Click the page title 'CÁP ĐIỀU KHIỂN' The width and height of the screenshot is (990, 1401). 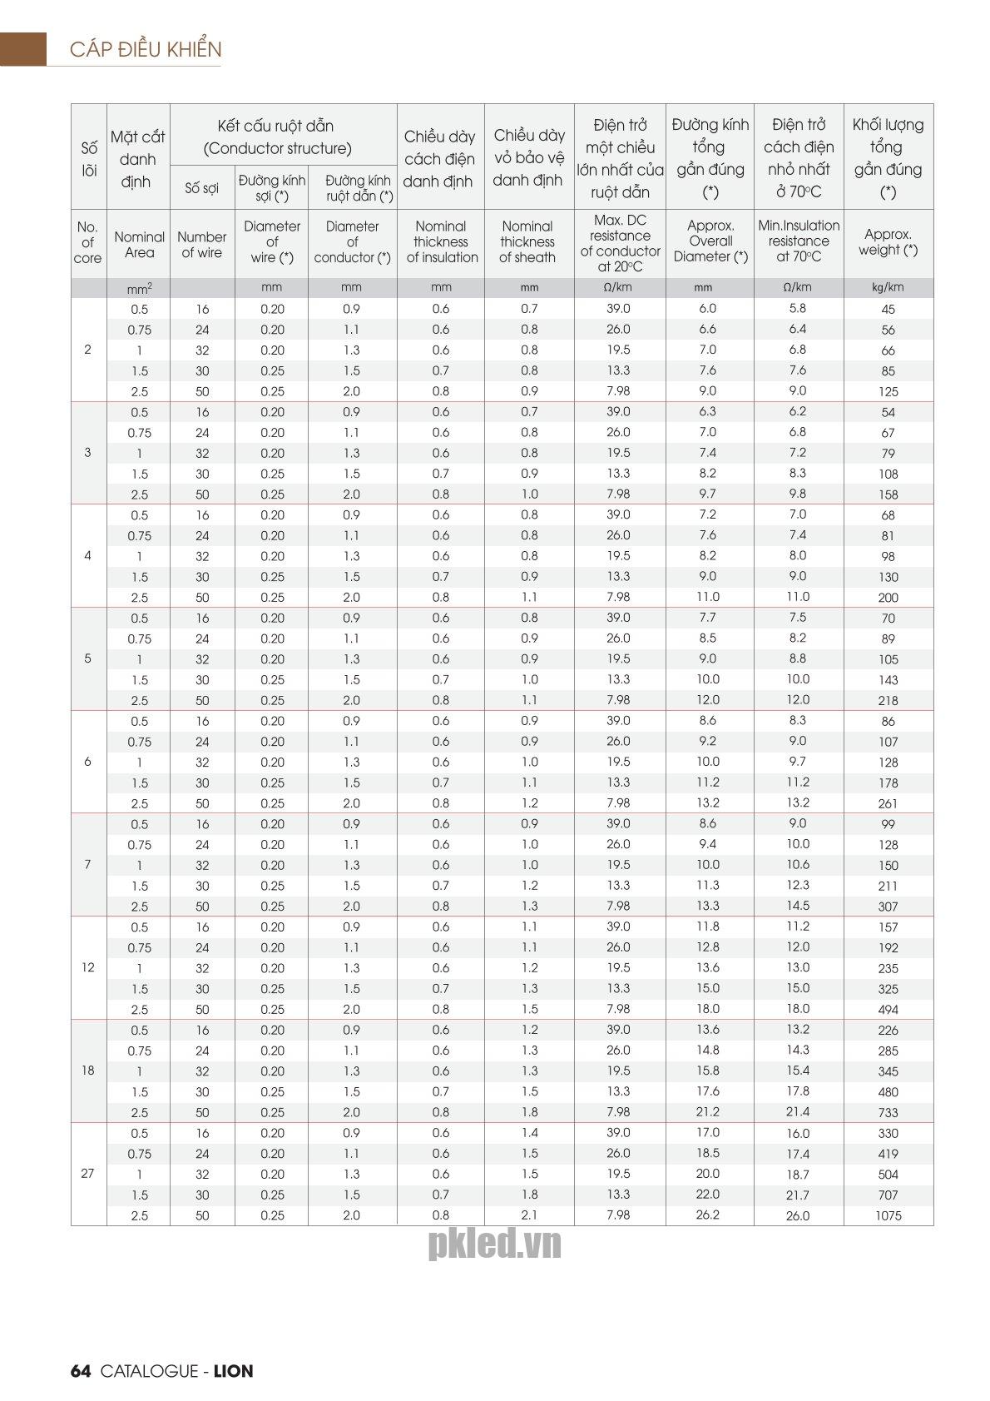[x=146, y=49]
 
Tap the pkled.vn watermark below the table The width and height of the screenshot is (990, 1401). [x=494, y=1244]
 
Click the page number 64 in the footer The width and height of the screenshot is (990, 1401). [x=80, y=1370]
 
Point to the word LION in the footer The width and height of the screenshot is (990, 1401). [x=233, y=1370]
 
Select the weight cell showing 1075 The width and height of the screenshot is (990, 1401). [x=888, y=1215]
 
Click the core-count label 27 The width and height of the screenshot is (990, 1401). [x=88, y=1174]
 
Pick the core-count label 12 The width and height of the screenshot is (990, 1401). [x=88, y=967]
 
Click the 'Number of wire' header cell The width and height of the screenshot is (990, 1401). [x=202, y=244]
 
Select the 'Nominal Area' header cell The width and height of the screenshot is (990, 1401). [x=139, y=244]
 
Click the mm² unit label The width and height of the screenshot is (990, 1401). [x=139, y=288]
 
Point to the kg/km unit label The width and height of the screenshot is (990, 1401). [x=888, y=287]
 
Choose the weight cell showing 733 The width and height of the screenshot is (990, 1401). [x=888, y=1112]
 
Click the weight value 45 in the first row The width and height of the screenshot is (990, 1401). [x=888, y=309]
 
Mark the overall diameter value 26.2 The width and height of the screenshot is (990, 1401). [x=708, y=1215]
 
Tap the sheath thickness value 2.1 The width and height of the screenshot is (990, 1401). [x=529, y=1215]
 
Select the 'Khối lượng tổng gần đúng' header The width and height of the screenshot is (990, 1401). [x=888, y=157]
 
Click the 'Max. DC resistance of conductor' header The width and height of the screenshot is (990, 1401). [x=620, y=243]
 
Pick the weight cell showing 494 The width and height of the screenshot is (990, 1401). [x=888, y=1010]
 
